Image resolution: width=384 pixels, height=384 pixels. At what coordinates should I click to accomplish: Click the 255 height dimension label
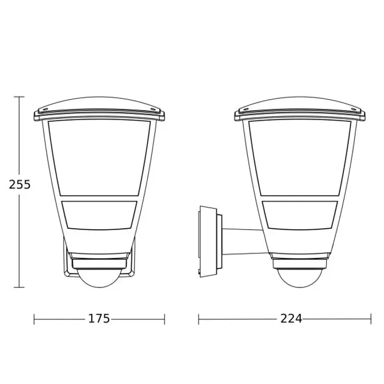click(x=20, y=184)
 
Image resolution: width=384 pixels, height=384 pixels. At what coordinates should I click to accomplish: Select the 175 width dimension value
click(x=99, y=319)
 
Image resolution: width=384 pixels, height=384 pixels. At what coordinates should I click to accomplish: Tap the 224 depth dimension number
click(x=291, y=319)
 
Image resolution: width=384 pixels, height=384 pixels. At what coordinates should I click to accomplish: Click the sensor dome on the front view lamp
click(x=99, y=278)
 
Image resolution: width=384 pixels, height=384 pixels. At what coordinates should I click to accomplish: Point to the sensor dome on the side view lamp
click(x=300, y=278)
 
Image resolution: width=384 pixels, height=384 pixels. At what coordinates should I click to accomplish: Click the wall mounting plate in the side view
click(x=208, y=242)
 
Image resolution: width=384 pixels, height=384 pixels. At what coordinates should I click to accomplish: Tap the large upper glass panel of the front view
click(x=99, y=157)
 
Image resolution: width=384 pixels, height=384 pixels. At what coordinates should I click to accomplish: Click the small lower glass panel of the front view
click(x=99, y=215)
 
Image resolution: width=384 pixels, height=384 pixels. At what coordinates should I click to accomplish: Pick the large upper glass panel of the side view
click(x=300, y=157)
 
